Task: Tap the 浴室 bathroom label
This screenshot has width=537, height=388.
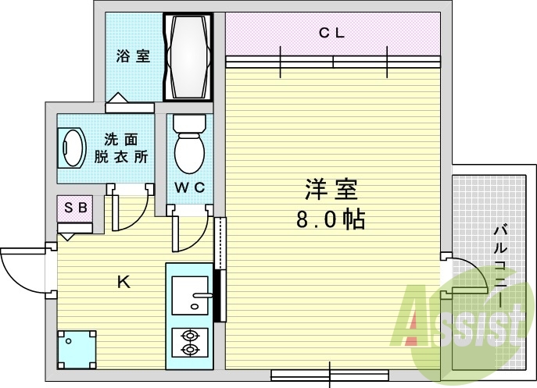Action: [x=133, y=56]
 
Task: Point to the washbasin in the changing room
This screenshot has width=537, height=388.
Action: [x=73, y=148]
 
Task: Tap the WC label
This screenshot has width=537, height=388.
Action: [x=188, y=187]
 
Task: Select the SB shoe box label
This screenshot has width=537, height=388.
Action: [x=75, y=208]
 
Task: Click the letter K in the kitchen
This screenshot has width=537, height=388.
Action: [x=124, y=283]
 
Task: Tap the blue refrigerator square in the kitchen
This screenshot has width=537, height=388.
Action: [x=77, y=348]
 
